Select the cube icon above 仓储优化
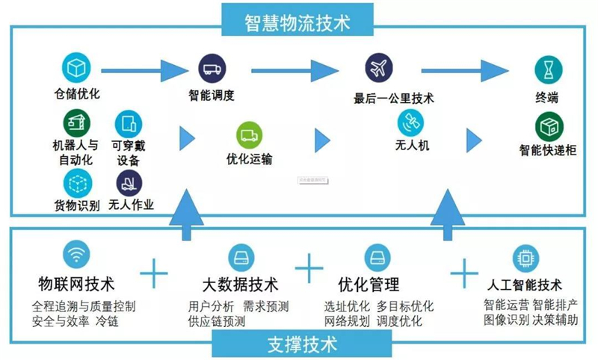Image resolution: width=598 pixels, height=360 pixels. [76, 69]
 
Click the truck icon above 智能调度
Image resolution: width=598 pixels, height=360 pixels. [212, 69]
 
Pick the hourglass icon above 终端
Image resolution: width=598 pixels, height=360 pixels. [548, 69]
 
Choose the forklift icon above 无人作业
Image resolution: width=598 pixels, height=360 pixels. [129, 182]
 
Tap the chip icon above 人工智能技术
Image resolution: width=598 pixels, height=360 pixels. [523, 258]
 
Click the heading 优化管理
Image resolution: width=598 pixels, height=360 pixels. [369, 285]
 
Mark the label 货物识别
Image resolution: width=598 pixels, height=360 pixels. [77, 205]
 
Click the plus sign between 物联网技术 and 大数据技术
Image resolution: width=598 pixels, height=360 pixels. [155, 273]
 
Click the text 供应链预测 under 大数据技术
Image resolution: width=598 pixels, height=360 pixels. [216, 322]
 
